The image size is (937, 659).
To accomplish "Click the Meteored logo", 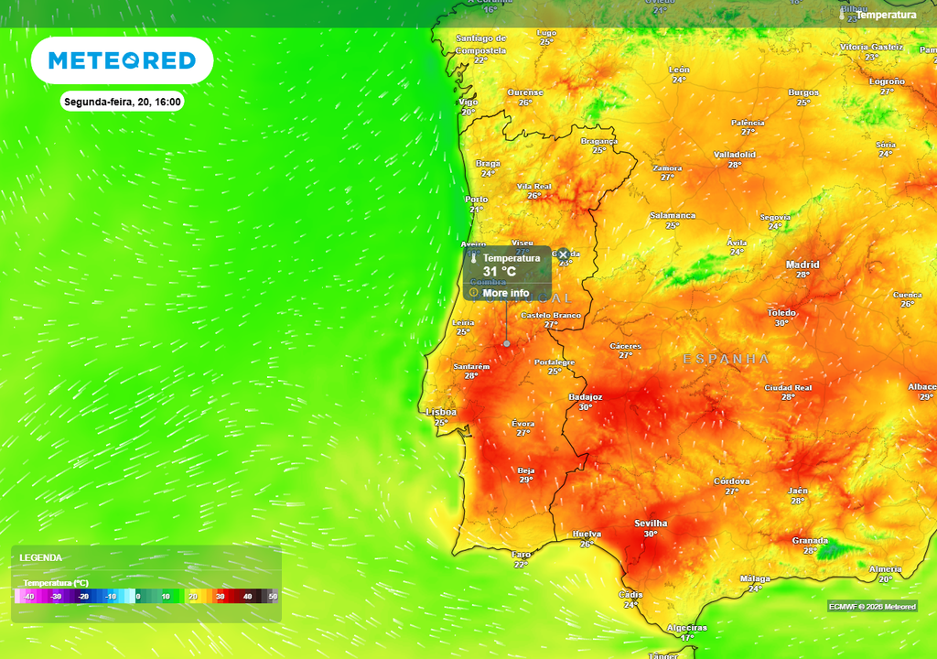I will (122, 60).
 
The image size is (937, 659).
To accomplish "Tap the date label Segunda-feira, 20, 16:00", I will (123, 102).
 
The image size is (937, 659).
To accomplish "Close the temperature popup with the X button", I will (563, 254).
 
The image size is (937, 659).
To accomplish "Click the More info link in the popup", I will (505, 293).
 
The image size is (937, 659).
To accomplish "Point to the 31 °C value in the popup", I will (500, 272).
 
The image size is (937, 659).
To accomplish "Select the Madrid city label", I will (802, 265).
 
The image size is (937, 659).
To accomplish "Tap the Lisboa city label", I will (441, 413).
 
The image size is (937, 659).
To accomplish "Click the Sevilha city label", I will (651, 524).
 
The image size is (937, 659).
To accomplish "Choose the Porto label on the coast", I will (476, 199).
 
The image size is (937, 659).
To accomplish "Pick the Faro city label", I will (522, 555).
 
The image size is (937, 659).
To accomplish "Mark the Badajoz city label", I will (586, 397).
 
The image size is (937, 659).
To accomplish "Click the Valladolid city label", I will (735, 155).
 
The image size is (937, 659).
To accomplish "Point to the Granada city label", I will (810, 541).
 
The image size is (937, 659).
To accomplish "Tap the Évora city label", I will (523, 424).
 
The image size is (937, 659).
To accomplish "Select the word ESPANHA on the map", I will (727, 360).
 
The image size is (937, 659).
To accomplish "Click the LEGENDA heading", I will (41, 557).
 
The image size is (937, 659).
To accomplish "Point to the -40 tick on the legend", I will (29, 597).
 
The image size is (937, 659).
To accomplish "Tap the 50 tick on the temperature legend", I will (273, 597).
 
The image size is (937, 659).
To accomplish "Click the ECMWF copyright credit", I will (872, 607).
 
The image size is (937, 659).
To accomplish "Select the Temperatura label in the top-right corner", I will (885, 15).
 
